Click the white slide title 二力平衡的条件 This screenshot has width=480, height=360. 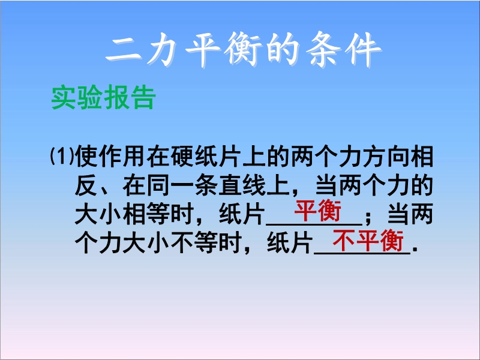pos(243,49)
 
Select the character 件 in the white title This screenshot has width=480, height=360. pos(363,49)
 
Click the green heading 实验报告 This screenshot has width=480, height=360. pos(103,98)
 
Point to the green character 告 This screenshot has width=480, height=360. pos(143,98)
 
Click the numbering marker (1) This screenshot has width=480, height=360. pos(62,156)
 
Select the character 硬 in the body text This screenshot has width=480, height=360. pos(182,157)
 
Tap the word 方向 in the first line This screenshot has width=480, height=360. pos(386,157)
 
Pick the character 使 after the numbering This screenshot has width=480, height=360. pos(86,157)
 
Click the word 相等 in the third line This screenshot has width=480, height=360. pos(146,214)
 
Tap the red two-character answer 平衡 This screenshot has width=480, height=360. pos(317,211)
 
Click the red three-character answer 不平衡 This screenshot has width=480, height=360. pos(368,241)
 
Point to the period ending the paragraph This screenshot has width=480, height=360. pos(415,250)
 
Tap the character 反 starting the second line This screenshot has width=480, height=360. pos(86,185)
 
